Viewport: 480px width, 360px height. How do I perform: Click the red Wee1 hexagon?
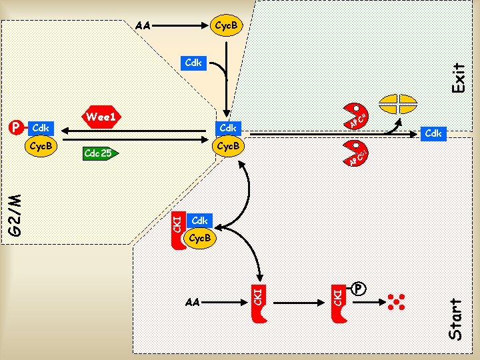coord(102,117)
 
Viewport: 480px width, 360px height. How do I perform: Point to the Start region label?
coord(456,320)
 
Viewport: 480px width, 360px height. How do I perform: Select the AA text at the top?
coord(142,27)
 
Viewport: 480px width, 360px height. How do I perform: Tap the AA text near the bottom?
coord(193,302)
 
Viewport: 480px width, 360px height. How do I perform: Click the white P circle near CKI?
coord(359,289)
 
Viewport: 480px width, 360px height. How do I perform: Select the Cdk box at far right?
coord(433,134)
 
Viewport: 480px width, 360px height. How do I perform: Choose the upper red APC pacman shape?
coord(356,115)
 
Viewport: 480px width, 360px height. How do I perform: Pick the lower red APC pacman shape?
coord(356,153)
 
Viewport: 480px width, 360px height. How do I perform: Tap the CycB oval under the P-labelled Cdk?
coord(41,145)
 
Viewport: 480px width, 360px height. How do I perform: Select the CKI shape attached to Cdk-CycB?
coord(178,230)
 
